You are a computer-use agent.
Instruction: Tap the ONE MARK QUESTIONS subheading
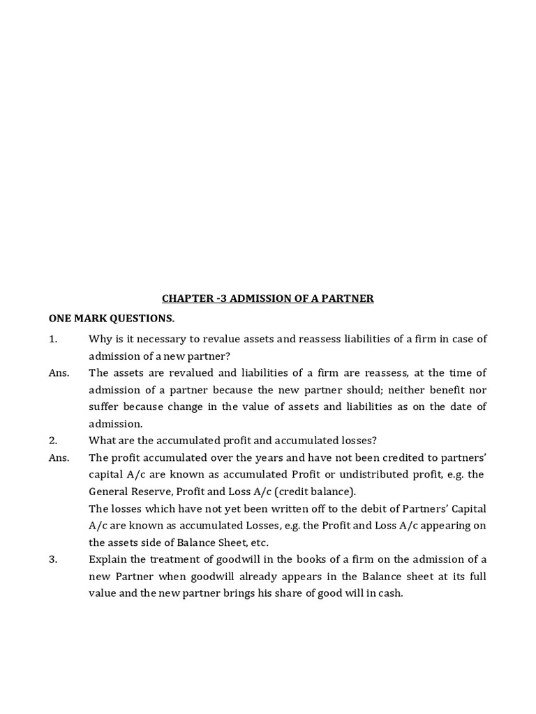coord(112,319)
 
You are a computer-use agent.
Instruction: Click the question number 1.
coord(52,339)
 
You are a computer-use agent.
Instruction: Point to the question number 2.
coord(52,441)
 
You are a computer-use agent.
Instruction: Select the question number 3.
coord(52,559)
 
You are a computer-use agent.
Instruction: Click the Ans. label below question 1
coord(59,373)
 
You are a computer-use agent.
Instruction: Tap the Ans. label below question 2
coord(59,457)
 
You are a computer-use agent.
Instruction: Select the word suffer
coord(105,407)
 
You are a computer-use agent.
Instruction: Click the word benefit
coord(447,390)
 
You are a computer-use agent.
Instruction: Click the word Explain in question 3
coord(109,559)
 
